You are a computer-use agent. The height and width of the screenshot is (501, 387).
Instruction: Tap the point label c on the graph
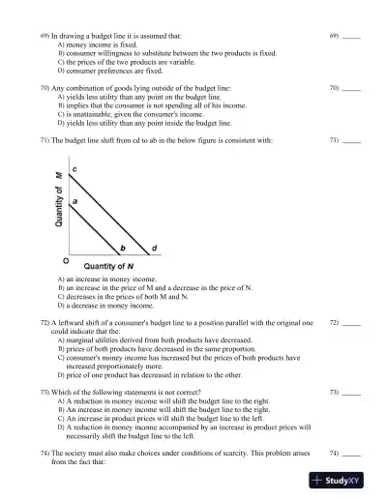[75, 169]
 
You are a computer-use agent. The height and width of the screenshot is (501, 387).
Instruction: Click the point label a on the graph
[75, 201]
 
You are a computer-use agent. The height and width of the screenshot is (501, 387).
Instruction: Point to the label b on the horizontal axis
[122, 249]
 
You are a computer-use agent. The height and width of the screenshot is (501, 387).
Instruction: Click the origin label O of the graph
[66, 260]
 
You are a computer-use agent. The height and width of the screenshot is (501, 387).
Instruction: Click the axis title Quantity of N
[108, 265]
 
